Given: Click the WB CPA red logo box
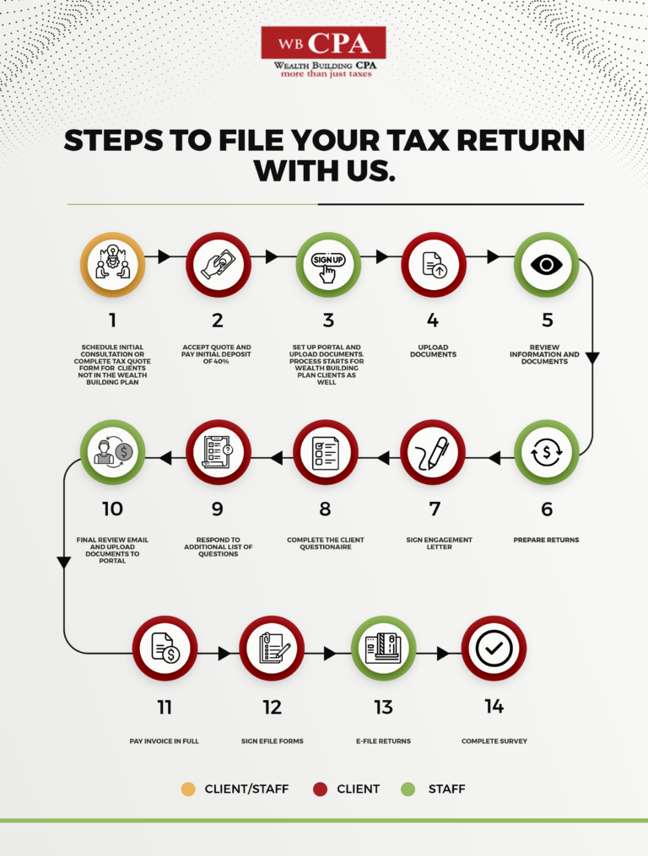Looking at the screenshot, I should (x=323, y=42).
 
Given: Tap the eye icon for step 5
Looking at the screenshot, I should (x=546, y=265).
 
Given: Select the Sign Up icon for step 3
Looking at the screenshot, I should (x=328, y=265).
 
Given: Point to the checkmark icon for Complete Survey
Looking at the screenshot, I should (x=494, y=648).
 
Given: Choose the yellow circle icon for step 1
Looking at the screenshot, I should (x=112, y=265).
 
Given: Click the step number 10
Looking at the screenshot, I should (x=112, y=509).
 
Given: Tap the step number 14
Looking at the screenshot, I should (x=494, y=707).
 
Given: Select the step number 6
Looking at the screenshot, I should (x=547, y=509).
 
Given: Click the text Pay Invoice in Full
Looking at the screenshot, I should (x=164, y=740).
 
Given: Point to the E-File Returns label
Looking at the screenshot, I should (x=384, y=740).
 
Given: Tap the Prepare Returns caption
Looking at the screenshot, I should (x=547, y=540).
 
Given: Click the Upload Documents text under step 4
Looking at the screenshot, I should (x=434, y=351).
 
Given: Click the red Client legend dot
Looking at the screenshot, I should (x=320, y=789).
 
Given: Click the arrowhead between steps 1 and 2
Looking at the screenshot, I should (x=164, y=256).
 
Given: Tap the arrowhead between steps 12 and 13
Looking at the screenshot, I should (x=329, y=653).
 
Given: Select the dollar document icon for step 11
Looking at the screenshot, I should (x=164, y=648).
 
